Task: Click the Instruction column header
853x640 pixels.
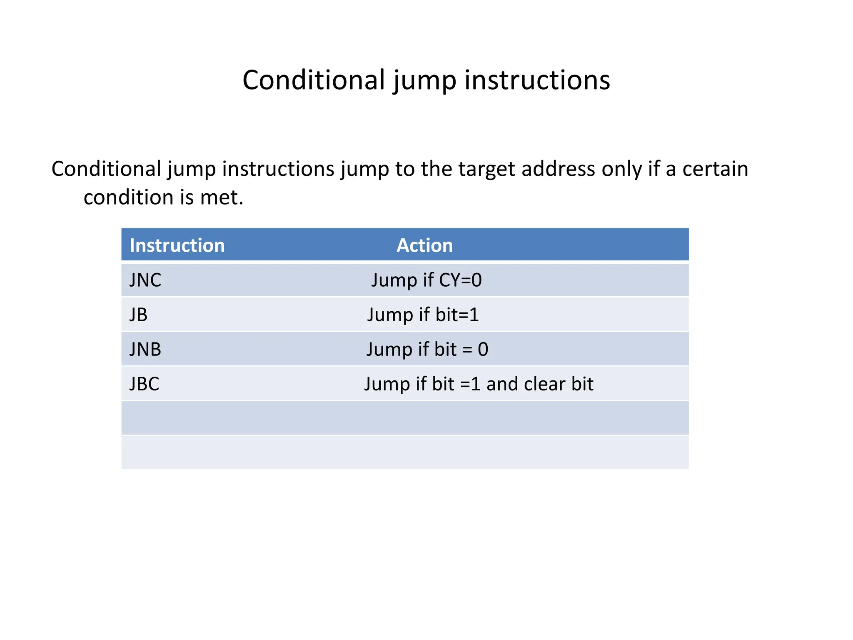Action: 177,245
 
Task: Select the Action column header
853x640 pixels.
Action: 424,245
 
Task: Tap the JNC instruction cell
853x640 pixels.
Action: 145,280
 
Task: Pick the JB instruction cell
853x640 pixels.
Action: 138,315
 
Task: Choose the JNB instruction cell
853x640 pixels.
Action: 145,349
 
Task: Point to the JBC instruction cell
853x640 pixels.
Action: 144,384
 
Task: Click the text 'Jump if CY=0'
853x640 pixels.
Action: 426,280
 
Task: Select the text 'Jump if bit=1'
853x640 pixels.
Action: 423,315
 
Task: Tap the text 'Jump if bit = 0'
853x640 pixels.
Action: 427,349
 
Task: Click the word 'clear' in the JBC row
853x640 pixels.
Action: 545,384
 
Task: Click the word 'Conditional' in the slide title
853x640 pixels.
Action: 314,80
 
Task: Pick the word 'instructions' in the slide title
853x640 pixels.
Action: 537,80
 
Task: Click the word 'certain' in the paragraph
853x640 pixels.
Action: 715,169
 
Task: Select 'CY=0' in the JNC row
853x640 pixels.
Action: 460,280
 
